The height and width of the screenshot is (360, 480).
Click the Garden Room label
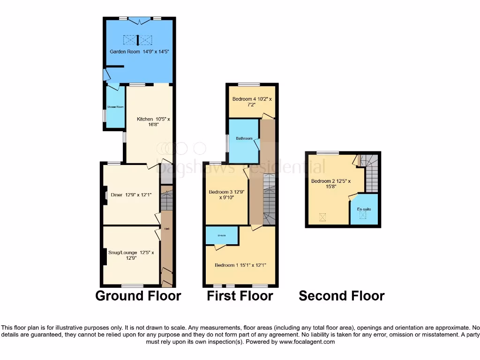point(139,52)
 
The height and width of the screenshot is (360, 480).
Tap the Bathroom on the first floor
point(244,138)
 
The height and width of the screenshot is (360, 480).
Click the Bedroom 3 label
point(227,195)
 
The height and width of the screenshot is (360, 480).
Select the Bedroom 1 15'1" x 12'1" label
point(240,265)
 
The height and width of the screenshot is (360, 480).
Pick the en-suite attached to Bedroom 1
point(222,235)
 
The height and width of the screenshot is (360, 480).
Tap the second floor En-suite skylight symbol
point(363,216)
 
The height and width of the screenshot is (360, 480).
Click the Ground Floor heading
point(138,296)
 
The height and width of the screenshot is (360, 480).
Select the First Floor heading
point(240,296)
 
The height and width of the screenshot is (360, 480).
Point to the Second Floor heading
point(342,296)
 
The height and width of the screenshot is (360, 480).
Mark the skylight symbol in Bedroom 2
point(322,217)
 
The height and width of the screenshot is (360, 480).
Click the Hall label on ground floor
point(166,229)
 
